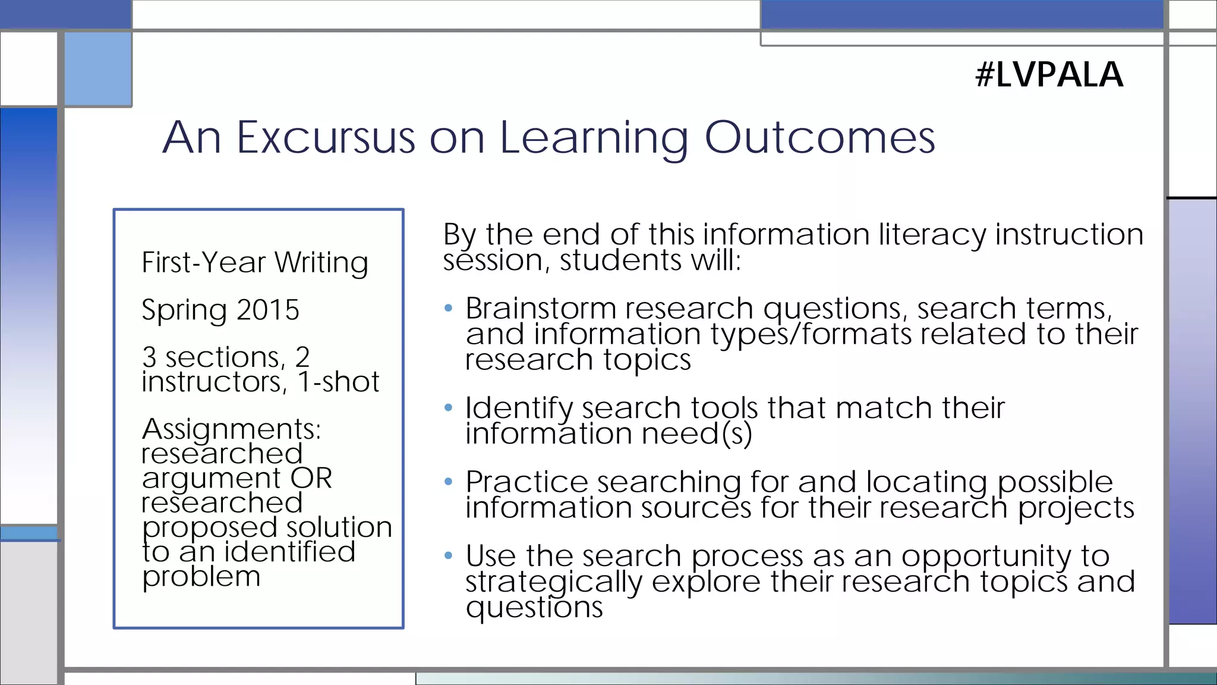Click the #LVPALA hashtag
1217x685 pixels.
pyautogui.click(x=1049, y=75)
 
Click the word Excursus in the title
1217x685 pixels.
pyautogui.click(x=326, y=137)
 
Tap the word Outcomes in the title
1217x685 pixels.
pyautogui.click(x=819, y=137)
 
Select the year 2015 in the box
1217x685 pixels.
pyautogui.click(x=267, y=310)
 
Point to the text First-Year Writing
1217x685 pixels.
pyautogui.click(x=255, y=262)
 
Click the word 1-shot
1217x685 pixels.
pyautogui.click(x=338, y=382)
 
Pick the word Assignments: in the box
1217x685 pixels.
pyautogui.click(x=231, y=429)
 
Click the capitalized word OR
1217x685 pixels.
pyautogui.click(x=311, y=478)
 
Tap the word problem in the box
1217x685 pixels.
pyautogui.click(x=201, y=576)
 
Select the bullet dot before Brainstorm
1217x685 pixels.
pyautogui.click(x=449, y=308)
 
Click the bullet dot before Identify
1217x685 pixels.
pyautogui.click(x=449, y=408)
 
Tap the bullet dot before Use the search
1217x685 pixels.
pyautogui.click(x=449, y=556)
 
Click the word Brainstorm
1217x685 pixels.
pyautogui.click(x=541, y=309)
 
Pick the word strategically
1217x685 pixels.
pyautogui.click(x=553, y=582)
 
